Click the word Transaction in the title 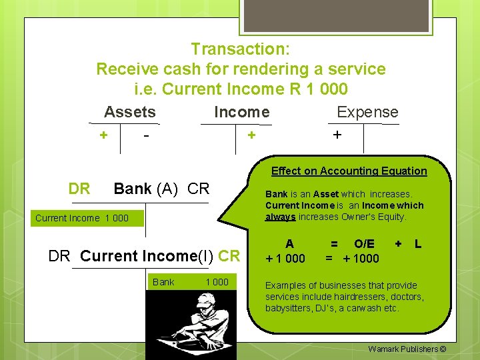pyautogui.click(x=237, y=49)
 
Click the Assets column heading pyautogui.click(x=129, y=112)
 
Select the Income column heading pyautogui.click(x=241, y=112)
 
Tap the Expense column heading pyautogui.click(x=367, y=112)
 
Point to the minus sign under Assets pyautogui.click(x=145, y=135)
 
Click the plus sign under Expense pyautogui.click(x=337, y=135)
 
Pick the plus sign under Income pyautogui.click(x=251, y=135)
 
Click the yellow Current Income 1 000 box pyautogui.click(x=82, y=218)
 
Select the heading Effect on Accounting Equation pyautogui.click(x=349, y=171)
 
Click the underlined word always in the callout pyautogui.click(x=280, y=217)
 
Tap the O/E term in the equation pyautogui.click(x=364, y=244)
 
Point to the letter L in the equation pyautogui.click(x=418, y=244)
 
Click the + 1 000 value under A pyautogui.click(x=285, y=259)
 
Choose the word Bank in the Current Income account pyautogui.click(x=163, y=282)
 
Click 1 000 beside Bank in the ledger pyautogui.click(x=217, y=282)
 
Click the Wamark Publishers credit pyautogui.click(x=407, y=349)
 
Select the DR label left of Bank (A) pyautogui.click(x=79, y=189)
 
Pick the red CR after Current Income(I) pyautogui.click(x=229, y=255)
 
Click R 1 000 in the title pyautogui.click(x=321, y=89)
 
